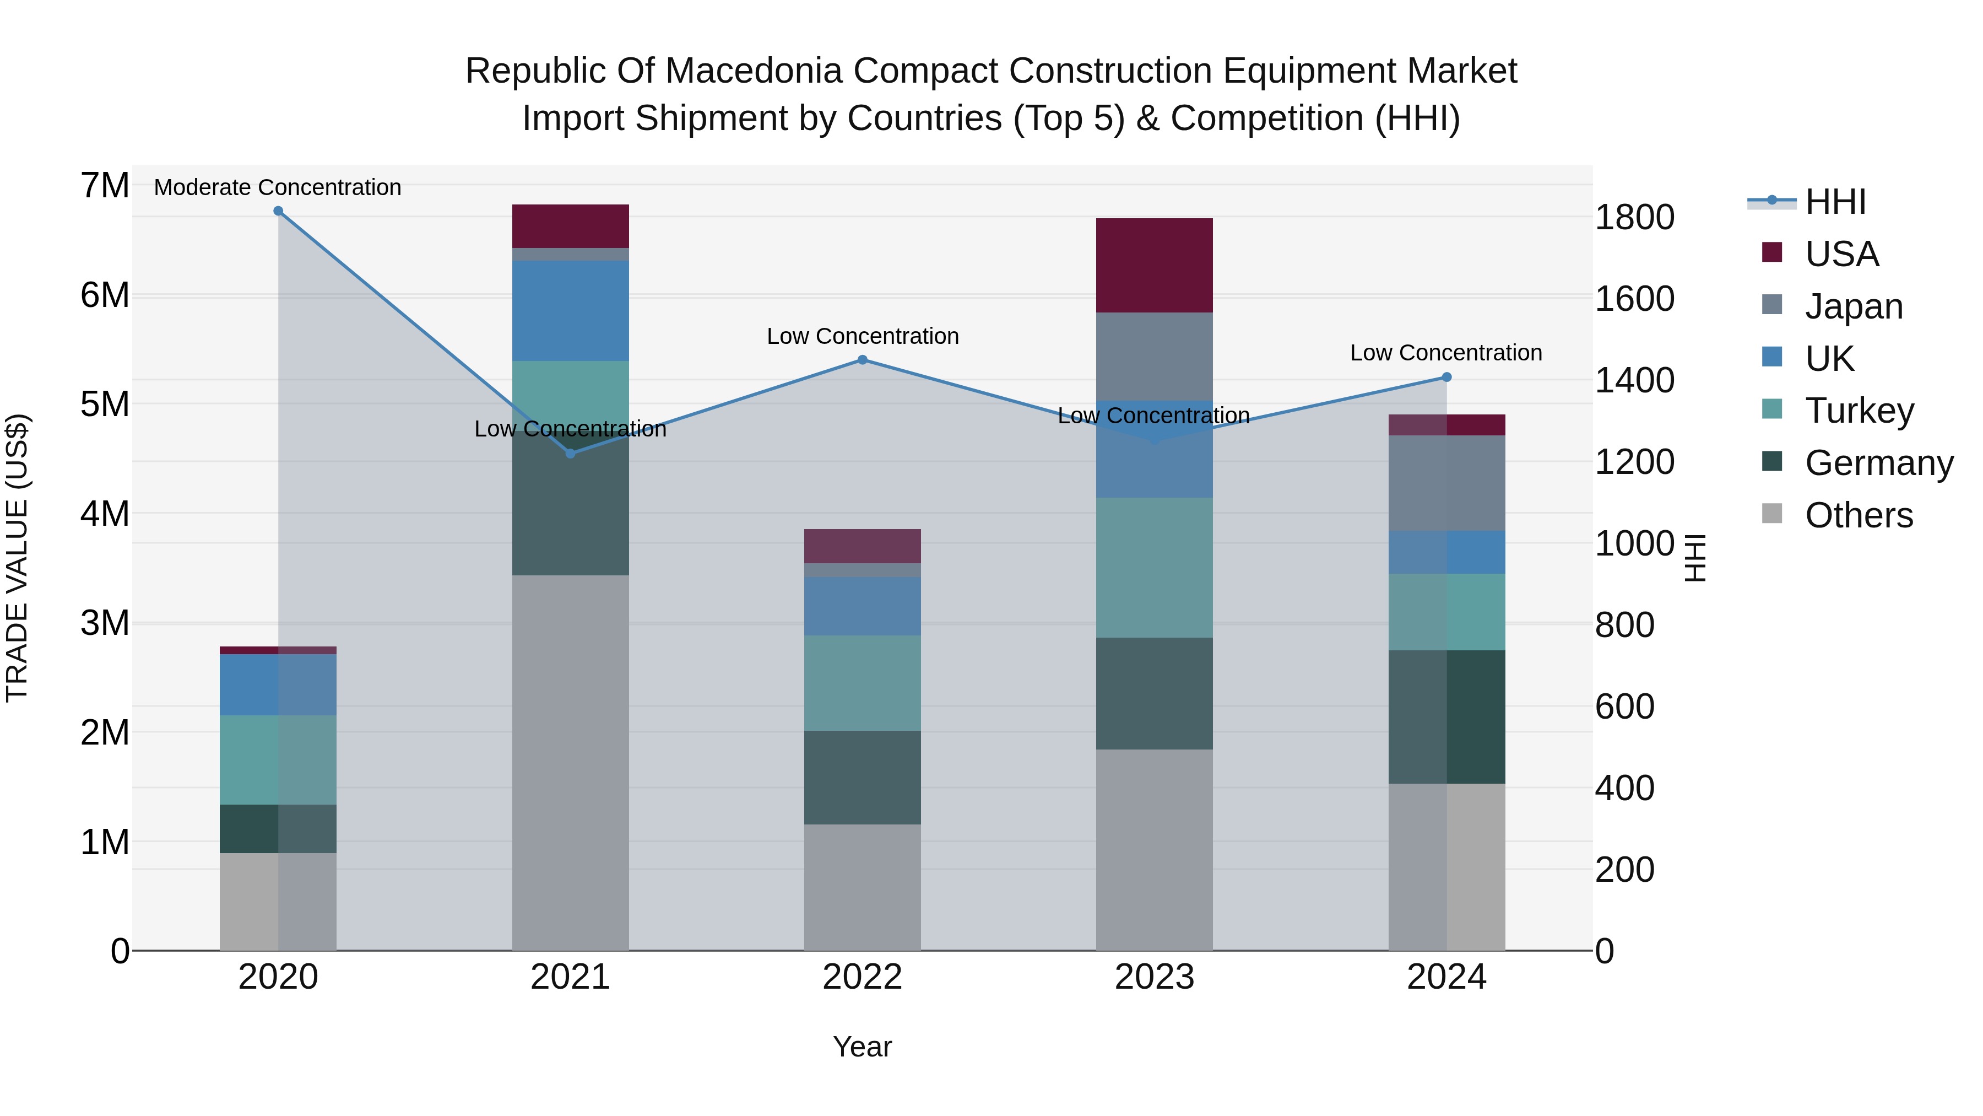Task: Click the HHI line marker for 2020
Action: tap(279, 211)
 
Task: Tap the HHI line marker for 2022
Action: tap(862, 360)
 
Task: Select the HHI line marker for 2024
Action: tap(1446, 378)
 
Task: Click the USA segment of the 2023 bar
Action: tap(1154, 266)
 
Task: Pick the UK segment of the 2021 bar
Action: tap(571, 311)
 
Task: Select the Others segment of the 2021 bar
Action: tap(571, 763)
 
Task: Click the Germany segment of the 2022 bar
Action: tap(862, 778)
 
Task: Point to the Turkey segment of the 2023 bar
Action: tap(1154, 568)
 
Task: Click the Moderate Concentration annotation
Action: tap(278, 187)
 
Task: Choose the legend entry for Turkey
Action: tap(1859, 411)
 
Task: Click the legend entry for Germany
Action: tap(1878, 463)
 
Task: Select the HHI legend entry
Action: tap(1834, 202)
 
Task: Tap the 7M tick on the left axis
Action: tap(105, 186)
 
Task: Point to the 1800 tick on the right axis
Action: tap(1634, 217)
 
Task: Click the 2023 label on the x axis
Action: tap(1154, 977)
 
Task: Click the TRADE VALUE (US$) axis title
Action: tap(17, 558)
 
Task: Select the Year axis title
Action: tap(862, 1047)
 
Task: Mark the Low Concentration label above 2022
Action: tap(862, 337)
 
